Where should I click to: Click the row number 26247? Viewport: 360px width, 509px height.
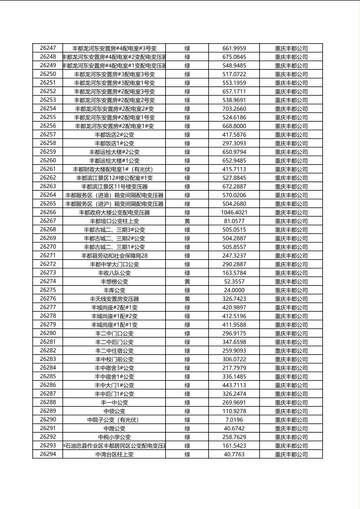click(48, 48)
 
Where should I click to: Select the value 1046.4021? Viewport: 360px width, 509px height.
click(234, 213)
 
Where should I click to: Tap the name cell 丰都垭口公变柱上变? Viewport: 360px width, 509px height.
click(114, 221)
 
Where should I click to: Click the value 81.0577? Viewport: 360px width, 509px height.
click(234, 221)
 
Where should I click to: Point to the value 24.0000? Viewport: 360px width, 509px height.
click(234, 290)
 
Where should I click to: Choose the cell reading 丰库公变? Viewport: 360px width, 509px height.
click(114, 290)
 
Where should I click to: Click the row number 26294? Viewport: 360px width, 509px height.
click(48, 454)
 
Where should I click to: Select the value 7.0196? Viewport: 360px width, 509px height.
click(234, 420)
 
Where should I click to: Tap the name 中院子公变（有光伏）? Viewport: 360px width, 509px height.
click(114, 420)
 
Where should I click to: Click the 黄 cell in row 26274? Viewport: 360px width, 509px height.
click(187, 282)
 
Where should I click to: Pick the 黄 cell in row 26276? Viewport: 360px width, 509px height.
click(187, 299)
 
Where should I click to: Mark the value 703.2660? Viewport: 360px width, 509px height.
click(234, 109)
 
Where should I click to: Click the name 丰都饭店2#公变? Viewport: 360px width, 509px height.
click(114, 135)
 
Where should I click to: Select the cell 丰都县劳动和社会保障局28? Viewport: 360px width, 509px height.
click(114, 256)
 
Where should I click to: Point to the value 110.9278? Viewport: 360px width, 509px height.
click(234, 411)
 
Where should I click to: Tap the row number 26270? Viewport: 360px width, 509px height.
click(48, 247)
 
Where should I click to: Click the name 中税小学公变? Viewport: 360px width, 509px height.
click(114, 437)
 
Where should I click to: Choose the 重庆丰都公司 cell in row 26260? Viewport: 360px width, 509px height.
click(291, 161)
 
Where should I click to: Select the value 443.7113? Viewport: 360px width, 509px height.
click(234, 385)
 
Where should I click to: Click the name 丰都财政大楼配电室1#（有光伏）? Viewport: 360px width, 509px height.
click(114, 169)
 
